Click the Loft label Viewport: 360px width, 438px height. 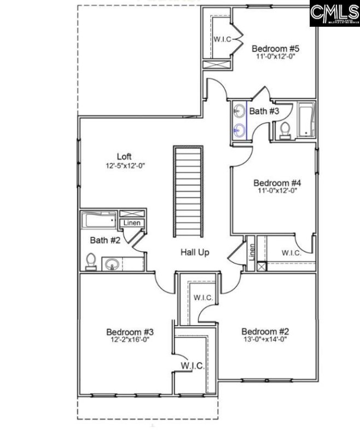click(x=124, y=156)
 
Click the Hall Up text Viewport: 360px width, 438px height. click(x=195, y=252)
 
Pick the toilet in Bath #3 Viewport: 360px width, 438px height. click(x=284, y=130)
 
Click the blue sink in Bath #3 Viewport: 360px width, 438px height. click(x=239, y=130)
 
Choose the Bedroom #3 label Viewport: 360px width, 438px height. click(x=130, y=332)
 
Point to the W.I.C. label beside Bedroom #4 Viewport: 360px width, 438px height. click(x=291, y=253)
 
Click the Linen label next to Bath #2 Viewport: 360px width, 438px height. click(x=132, y=223)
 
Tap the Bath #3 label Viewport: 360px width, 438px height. click(x=264, y=111)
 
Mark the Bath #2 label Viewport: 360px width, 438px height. click(x=101, y=239)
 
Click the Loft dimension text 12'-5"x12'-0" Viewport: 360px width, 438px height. click(x=125, y=165)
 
